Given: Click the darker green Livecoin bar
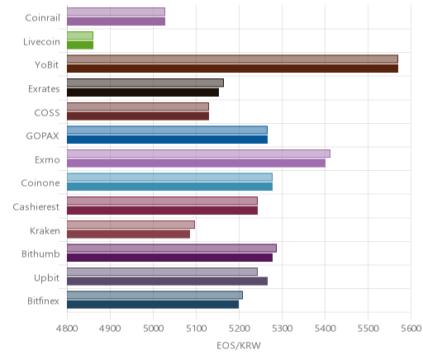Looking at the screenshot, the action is coord(80,45).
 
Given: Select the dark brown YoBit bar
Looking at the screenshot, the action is coord(233,69).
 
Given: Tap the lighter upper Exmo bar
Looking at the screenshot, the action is coord(198,154).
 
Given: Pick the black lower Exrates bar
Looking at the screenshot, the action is coord(143,92).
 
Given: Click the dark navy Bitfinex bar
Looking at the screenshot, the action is coord(153,305).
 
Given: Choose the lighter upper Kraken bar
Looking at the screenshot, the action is coord(131,225).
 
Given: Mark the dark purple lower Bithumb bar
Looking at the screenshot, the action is coord(170,258).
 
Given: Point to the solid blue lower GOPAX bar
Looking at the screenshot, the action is coord(168,140).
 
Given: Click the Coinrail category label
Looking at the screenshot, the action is coord(42,17).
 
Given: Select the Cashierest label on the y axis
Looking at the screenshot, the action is coord(36,206).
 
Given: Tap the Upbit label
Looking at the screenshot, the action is coord(46,277).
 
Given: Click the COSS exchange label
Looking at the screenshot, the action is coord(47,112).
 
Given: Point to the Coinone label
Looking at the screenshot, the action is coord(40,183).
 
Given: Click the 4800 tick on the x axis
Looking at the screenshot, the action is coord(67,329).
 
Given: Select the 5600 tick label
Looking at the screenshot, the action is coord(411,329).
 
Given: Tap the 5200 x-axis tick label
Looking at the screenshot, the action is coord(239,329).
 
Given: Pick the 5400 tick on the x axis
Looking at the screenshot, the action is coord(325,329).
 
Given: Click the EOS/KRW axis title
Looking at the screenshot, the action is coord(239,345).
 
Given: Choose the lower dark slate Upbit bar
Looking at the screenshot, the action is coord(168,281).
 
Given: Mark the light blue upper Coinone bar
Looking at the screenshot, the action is coord(169,177).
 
